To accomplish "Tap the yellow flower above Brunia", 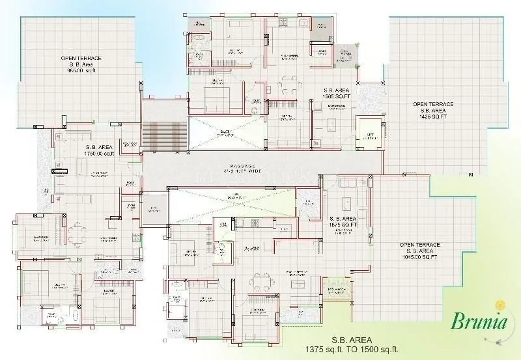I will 500,305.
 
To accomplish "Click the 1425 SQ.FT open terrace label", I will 433,111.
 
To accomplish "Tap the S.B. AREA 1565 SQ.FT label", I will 337,92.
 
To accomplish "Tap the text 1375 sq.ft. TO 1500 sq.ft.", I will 351,350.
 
